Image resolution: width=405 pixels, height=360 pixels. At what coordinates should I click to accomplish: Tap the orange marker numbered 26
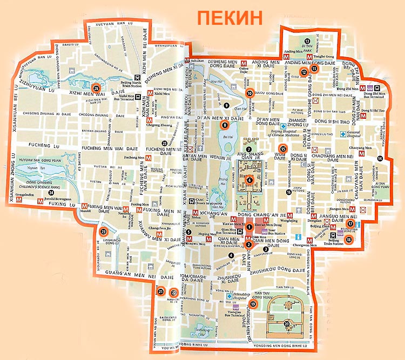point(96,88)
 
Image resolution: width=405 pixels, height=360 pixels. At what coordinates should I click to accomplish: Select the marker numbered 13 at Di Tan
point(307,42)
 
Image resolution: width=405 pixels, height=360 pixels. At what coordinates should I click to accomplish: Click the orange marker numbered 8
point(225,126)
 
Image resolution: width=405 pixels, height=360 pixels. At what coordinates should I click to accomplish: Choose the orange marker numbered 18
point(349,240)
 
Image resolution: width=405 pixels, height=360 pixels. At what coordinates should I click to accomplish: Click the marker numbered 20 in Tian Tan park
point(287,324)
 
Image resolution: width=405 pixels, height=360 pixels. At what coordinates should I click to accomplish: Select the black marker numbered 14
point(380,158)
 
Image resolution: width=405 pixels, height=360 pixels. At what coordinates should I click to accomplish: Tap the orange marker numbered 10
point(250,93)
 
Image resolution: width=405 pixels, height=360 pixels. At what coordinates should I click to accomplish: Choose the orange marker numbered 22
point(173,293)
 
